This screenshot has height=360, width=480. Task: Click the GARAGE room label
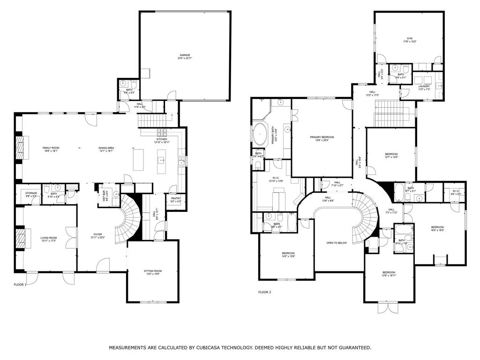(x=185, y=55)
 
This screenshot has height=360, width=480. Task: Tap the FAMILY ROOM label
(x=51, y=148)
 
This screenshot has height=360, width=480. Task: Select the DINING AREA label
(x=106, y=148)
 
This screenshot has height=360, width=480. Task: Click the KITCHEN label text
(x=162, y=139)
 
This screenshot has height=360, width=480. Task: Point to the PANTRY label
(x=176, y=198)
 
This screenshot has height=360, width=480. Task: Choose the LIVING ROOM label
(x=48, y=238)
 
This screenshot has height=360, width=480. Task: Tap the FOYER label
(x=97, y=234)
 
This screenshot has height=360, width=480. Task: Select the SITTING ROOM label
(x=152, y=270)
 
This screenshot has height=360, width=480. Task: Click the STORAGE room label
(x=31, y=194)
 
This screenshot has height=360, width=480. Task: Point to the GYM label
(x=409, y=38)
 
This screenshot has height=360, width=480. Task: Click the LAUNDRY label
(x=424, y=86)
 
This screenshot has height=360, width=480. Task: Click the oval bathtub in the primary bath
(x=260, y=134)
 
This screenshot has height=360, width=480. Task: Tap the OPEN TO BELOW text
(x=337, y=243)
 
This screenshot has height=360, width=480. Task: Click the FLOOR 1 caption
(x=20, y=285)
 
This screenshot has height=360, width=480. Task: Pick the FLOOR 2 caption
(x=265, y=292)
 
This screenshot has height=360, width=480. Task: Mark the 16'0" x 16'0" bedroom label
(x=437, y=228)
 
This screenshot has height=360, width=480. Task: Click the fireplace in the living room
(x=20, y=238)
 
